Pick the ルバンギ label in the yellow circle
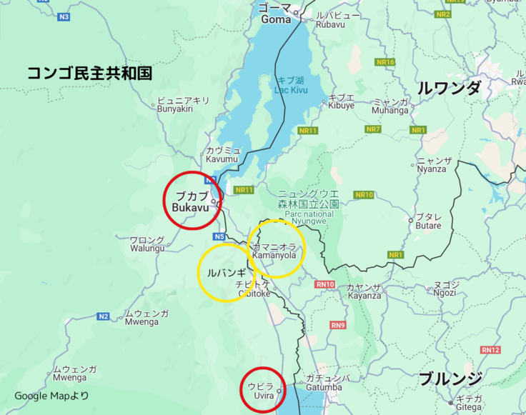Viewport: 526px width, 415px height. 226,273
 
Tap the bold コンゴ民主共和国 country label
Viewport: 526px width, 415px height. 89,73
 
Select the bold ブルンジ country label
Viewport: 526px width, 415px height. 450,379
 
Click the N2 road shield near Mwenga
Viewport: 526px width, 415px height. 104,316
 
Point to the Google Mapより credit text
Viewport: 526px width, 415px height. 51,396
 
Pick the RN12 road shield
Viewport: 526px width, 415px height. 490,349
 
